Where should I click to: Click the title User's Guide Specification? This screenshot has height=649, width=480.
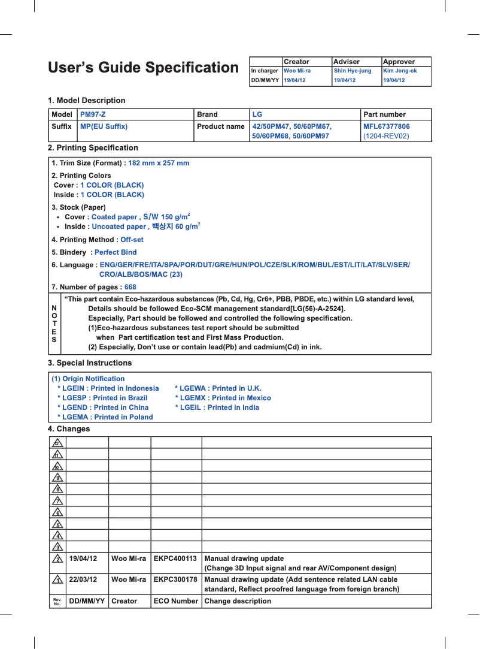pos(143,68)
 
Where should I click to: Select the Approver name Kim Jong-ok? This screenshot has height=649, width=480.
pos(400,71)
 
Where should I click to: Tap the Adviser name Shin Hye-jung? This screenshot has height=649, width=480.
pos(353,71)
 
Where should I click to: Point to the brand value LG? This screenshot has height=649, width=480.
pos(257,114)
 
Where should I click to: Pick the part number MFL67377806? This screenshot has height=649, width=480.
pos(387,126)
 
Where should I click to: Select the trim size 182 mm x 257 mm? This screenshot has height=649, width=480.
pos(159,163)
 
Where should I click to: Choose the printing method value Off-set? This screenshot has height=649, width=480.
pos(132,240)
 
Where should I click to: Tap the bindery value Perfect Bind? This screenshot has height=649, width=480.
pos(116,252)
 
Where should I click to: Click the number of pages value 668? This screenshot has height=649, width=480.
pos(130,287)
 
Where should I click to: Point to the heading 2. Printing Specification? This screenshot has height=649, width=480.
pos(93,147)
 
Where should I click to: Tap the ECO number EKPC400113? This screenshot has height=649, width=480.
pos(175,559)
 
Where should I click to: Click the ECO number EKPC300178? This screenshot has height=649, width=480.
pos(175,579)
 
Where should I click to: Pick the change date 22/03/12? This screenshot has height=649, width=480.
pos(83,579)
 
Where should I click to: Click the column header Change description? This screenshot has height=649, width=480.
pos(238,601)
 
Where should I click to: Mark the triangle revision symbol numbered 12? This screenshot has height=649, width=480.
pos(57,443)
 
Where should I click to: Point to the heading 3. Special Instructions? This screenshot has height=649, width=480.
pos(90,363)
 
